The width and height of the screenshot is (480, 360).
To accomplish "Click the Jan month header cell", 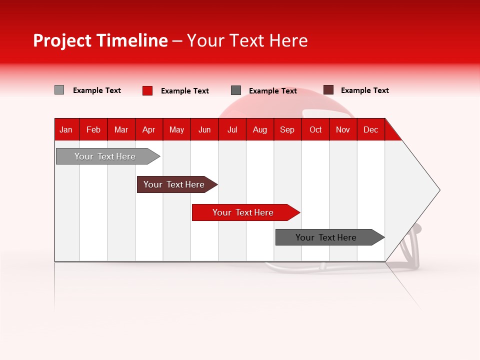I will click(x=66, y=129).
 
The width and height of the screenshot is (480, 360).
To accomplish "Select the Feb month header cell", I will click(x=93, y=129).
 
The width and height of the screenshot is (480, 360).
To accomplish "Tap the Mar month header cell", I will click(x=121, y=129).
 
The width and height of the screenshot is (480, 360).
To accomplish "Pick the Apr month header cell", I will click(x=149, y=129).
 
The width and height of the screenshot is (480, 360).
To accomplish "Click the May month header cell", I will click(x=176, y=129).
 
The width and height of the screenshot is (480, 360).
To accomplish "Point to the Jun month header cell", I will click(x=204, y=129).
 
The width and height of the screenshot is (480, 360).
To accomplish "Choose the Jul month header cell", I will click(x=232, y=129).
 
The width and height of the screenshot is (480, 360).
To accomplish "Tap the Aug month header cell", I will click(x=260, y=129).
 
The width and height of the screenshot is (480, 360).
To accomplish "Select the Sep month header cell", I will click(x=287, y=129).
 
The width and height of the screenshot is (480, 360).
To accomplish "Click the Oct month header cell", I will click(x=315, y=129).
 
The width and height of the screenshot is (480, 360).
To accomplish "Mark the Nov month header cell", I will click(x=343, y=129).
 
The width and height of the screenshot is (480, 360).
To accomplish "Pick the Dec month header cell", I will click(x=371, y=129).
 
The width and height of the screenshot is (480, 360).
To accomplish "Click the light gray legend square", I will click(x=59, y=90).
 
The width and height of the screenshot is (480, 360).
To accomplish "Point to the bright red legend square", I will click(x=147, y=90).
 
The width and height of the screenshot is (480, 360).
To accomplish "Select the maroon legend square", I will click(x=328, y=90).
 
